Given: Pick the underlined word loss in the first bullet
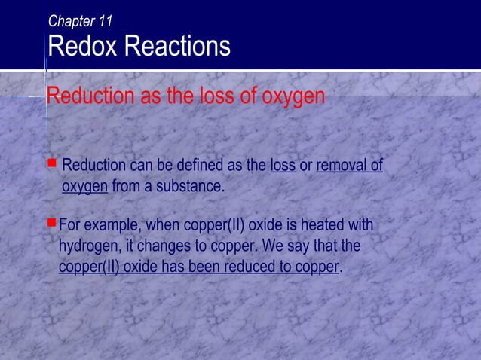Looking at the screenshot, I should click(282, 166).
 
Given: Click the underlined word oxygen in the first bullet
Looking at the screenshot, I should click(84, 186).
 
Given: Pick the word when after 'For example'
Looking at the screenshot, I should click(164, 226).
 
